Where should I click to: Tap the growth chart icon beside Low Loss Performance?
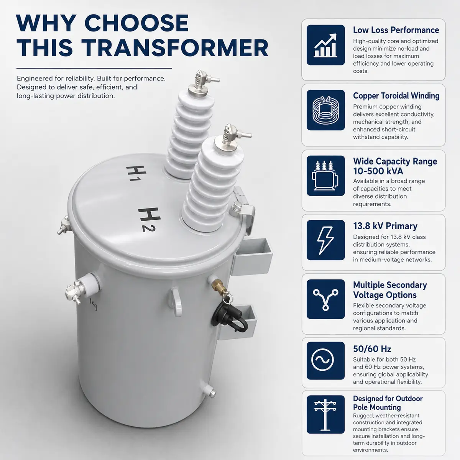325,45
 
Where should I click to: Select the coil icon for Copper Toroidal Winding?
325,110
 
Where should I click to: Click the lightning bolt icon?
325,240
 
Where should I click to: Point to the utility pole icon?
325,414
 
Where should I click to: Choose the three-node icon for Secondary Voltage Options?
325,299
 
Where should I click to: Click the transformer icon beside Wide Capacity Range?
325,176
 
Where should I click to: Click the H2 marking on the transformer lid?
149,220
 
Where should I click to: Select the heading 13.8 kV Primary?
385,226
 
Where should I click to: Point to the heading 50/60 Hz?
372,349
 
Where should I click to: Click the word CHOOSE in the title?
136,23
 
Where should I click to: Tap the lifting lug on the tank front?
176,302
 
